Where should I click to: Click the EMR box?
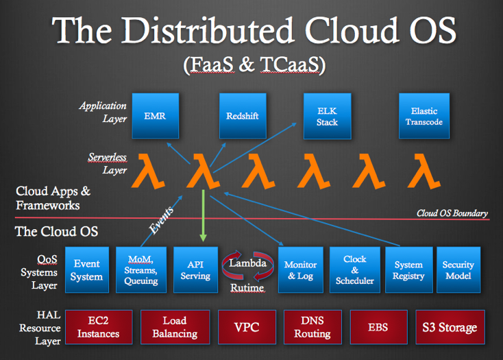click(156, 116)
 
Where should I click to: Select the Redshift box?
click(243, 116)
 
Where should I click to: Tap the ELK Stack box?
click(327, 116)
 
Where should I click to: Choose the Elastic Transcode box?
click(424, 116)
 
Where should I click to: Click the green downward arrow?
click(203, 215)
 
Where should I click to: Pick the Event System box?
click(87, 270)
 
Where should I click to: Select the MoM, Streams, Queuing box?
click(141, 270)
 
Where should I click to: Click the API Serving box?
click(195, 270)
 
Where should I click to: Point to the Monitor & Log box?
click(301, 270)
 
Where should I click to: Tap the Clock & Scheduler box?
click(355, 270)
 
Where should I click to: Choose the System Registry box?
click(408, 270)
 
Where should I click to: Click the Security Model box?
click(458, 270)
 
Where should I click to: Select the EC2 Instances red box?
click(99, 327)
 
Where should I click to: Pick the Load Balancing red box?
click(175, 327)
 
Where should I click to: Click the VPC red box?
click(247, 327)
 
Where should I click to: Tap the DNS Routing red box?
click(312, 327)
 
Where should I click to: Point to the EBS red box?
click(378, 327)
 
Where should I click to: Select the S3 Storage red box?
click(450, 327)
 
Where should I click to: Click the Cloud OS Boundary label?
click(452, 213)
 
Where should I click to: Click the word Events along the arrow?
click(161, 220)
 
